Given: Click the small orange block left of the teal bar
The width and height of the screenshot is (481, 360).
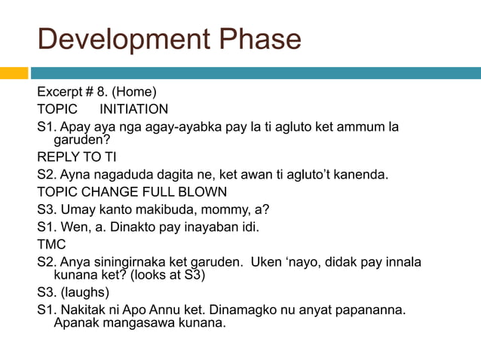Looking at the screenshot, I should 14,73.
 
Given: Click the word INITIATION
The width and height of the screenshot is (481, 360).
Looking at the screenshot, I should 134,109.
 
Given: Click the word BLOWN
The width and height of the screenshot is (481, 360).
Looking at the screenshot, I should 202,192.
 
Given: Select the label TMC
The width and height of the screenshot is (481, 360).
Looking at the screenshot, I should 51,244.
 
